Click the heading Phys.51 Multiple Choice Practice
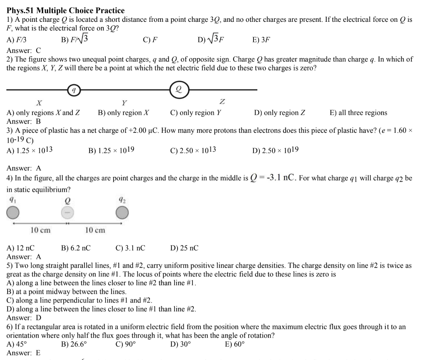click(x=66, y=10)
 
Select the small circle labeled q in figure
click(x=74, y=90)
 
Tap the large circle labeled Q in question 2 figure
click(x=179, y=90)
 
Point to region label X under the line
click(x=39, y=102)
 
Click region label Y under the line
click(x=124, y=102)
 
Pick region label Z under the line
click(x=222, y=102)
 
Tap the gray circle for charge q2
click(x=122, y=212)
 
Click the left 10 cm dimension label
click(x=41, y=230)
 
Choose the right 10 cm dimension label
click(x=95, y=230)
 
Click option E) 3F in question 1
click(x=261, y=40)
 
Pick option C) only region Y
click(x=196, y=113)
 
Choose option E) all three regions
click(x=358, y=113)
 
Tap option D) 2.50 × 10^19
click(x=275, y=150)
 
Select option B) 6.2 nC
click(x=76, y=248)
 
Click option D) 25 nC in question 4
click(x=184, y=248)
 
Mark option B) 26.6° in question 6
click(x=74, y=344)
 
